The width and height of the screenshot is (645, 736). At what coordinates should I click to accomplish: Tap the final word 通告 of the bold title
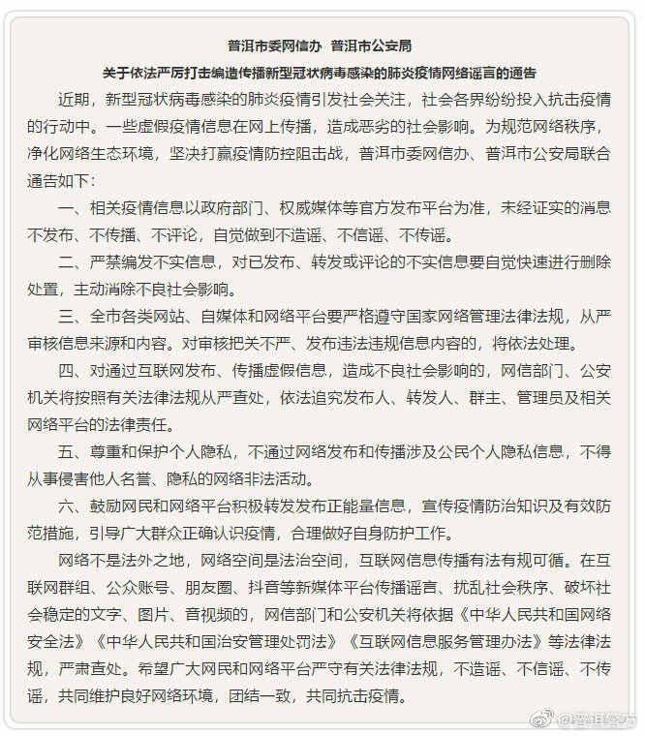pos(523,73)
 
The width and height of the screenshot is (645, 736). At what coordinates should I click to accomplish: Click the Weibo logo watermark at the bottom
pos(545,718)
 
